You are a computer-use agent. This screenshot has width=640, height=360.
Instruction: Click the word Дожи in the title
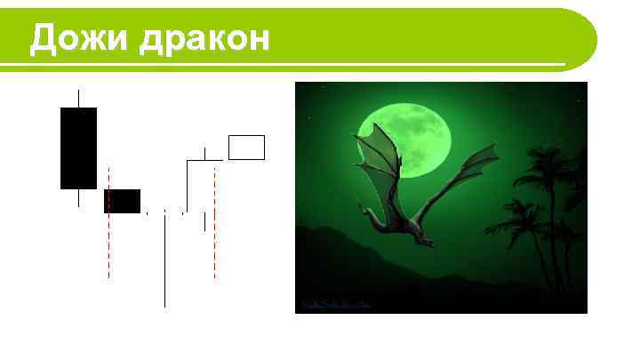pos(80,38)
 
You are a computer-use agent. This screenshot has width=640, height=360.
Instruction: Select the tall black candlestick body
pos(78,148)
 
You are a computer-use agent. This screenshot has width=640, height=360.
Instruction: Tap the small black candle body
pos(123,201)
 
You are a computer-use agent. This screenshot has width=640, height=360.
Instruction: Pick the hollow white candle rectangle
pos(246,148)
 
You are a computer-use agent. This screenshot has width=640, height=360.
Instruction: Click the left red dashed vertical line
pos(108,240)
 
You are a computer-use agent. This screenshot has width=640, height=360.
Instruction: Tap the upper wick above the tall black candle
pos(78,98)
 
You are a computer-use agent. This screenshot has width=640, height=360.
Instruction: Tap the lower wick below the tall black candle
pos(78,197)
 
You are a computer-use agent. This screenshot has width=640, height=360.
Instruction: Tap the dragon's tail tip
pos(431,244)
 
